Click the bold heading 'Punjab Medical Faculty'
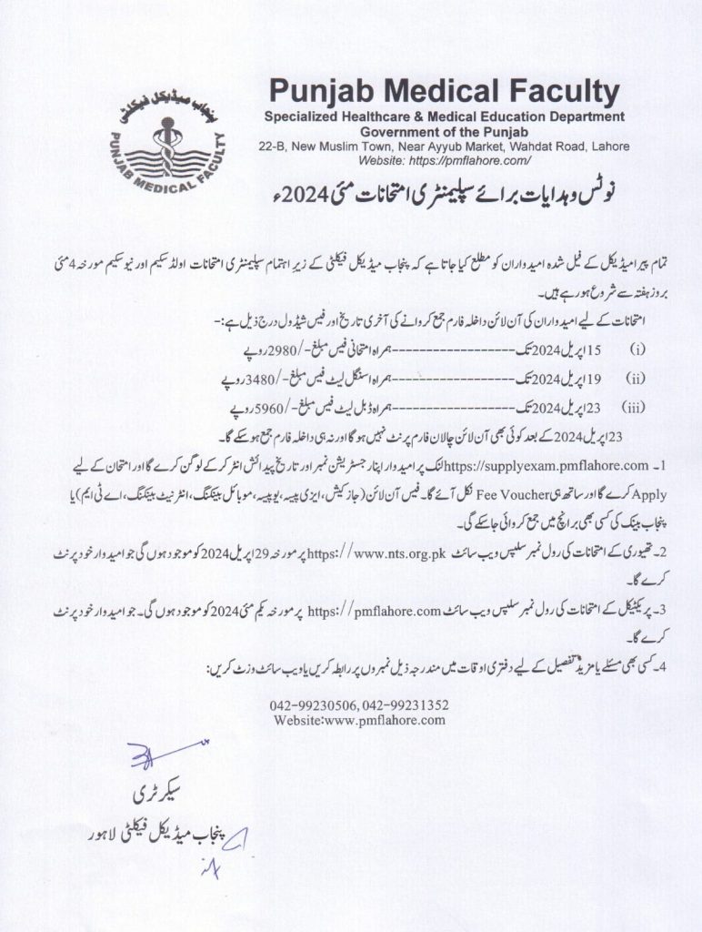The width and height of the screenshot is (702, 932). (x=444, y=93)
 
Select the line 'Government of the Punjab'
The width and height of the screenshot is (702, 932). (x=444, y=131)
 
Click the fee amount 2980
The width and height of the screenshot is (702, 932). (x=262, y=349)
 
